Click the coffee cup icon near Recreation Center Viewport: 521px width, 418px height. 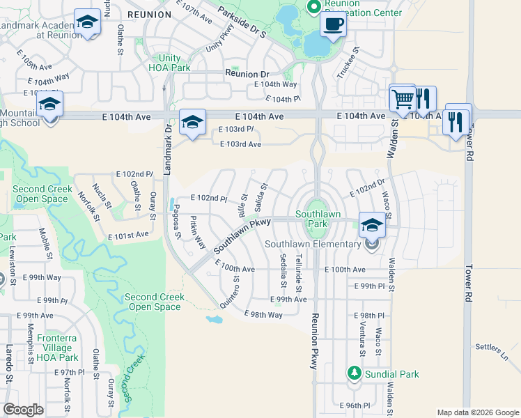pos(333,25)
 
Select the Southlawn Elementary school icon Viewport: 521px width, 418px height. pos(372,225)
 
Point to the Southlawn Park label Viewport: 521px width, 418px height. pos(311,219)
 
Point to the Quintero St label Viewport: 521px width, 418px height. pos(230,292)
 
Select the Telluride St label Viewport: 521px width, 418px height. pos(298,272)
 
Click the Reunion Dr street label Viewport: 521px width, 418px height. pos(247,74)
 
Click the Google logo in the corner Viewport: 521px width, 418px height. pos(23,410)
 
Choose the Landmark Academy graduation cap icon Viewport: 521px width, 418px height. pos(87,23)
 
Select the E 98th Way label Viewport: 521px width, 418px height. pos(263,315)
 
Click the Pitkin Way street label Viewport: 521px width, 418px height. pos(197,232)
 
